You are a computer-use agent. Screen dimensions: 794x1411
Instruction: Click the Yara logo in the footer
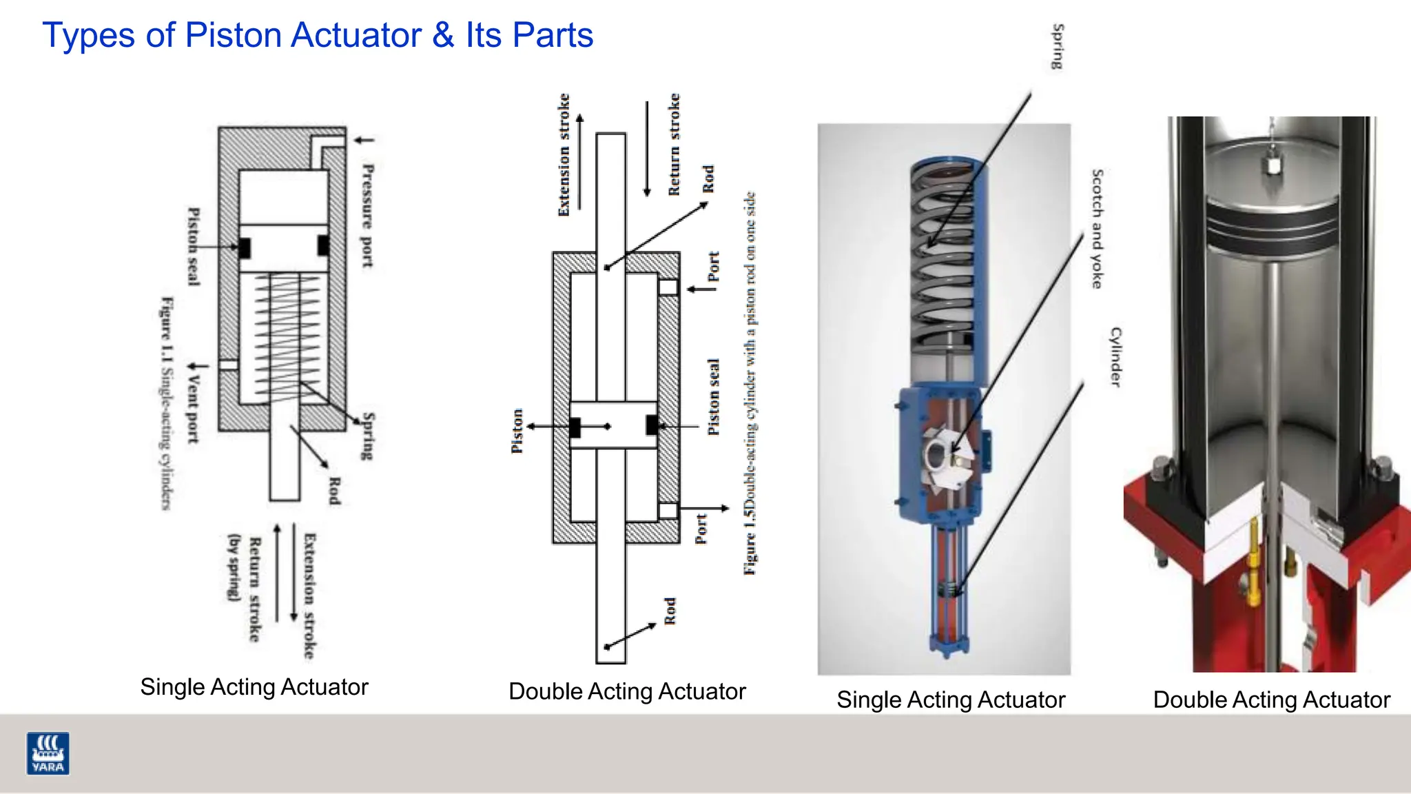click(48, 753)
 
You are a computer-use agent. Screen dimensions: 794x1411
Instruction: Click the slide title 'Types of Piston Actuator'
click(317, 35)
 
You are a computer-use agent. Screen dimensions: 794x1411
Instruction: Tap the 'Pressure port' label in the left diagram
click(367, 216)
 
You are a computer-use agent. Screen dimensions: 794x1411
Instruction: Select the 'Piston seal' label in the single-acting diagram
click(194, 246)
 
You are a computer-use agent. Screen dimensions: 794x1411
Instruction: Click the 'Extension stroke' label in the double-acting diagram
click(564, 154)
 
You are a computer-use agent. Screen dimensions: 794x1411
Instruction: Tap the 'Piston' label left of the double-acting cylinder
click(517, 431)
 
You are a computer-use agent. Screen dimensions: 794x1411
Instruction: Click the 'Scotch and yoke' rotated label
click(1097, 229)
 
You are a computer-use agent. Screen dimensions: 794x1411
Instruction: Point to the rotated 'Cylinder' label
click(1115, 356)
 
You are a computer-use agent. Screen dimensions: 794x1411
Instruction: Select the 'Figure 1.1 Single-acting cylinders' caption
click(166, 403)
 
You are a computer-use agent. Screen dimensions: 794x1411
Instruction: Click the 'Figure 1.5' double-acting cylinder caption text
click(750, 383)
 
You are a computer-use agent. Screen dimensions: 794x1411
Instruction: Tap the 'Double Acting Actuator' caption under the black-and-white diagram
click(626, 691)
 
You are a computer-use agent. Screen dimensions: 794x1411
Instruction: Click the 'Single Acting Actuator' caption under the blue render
click(950, 700)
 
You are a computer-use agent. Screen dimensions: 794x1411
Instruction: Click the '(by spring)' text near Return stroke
click(234, 567)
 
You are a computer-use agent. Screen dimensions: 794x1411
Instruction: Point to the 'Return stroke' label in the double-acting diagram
click(674, 144)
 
